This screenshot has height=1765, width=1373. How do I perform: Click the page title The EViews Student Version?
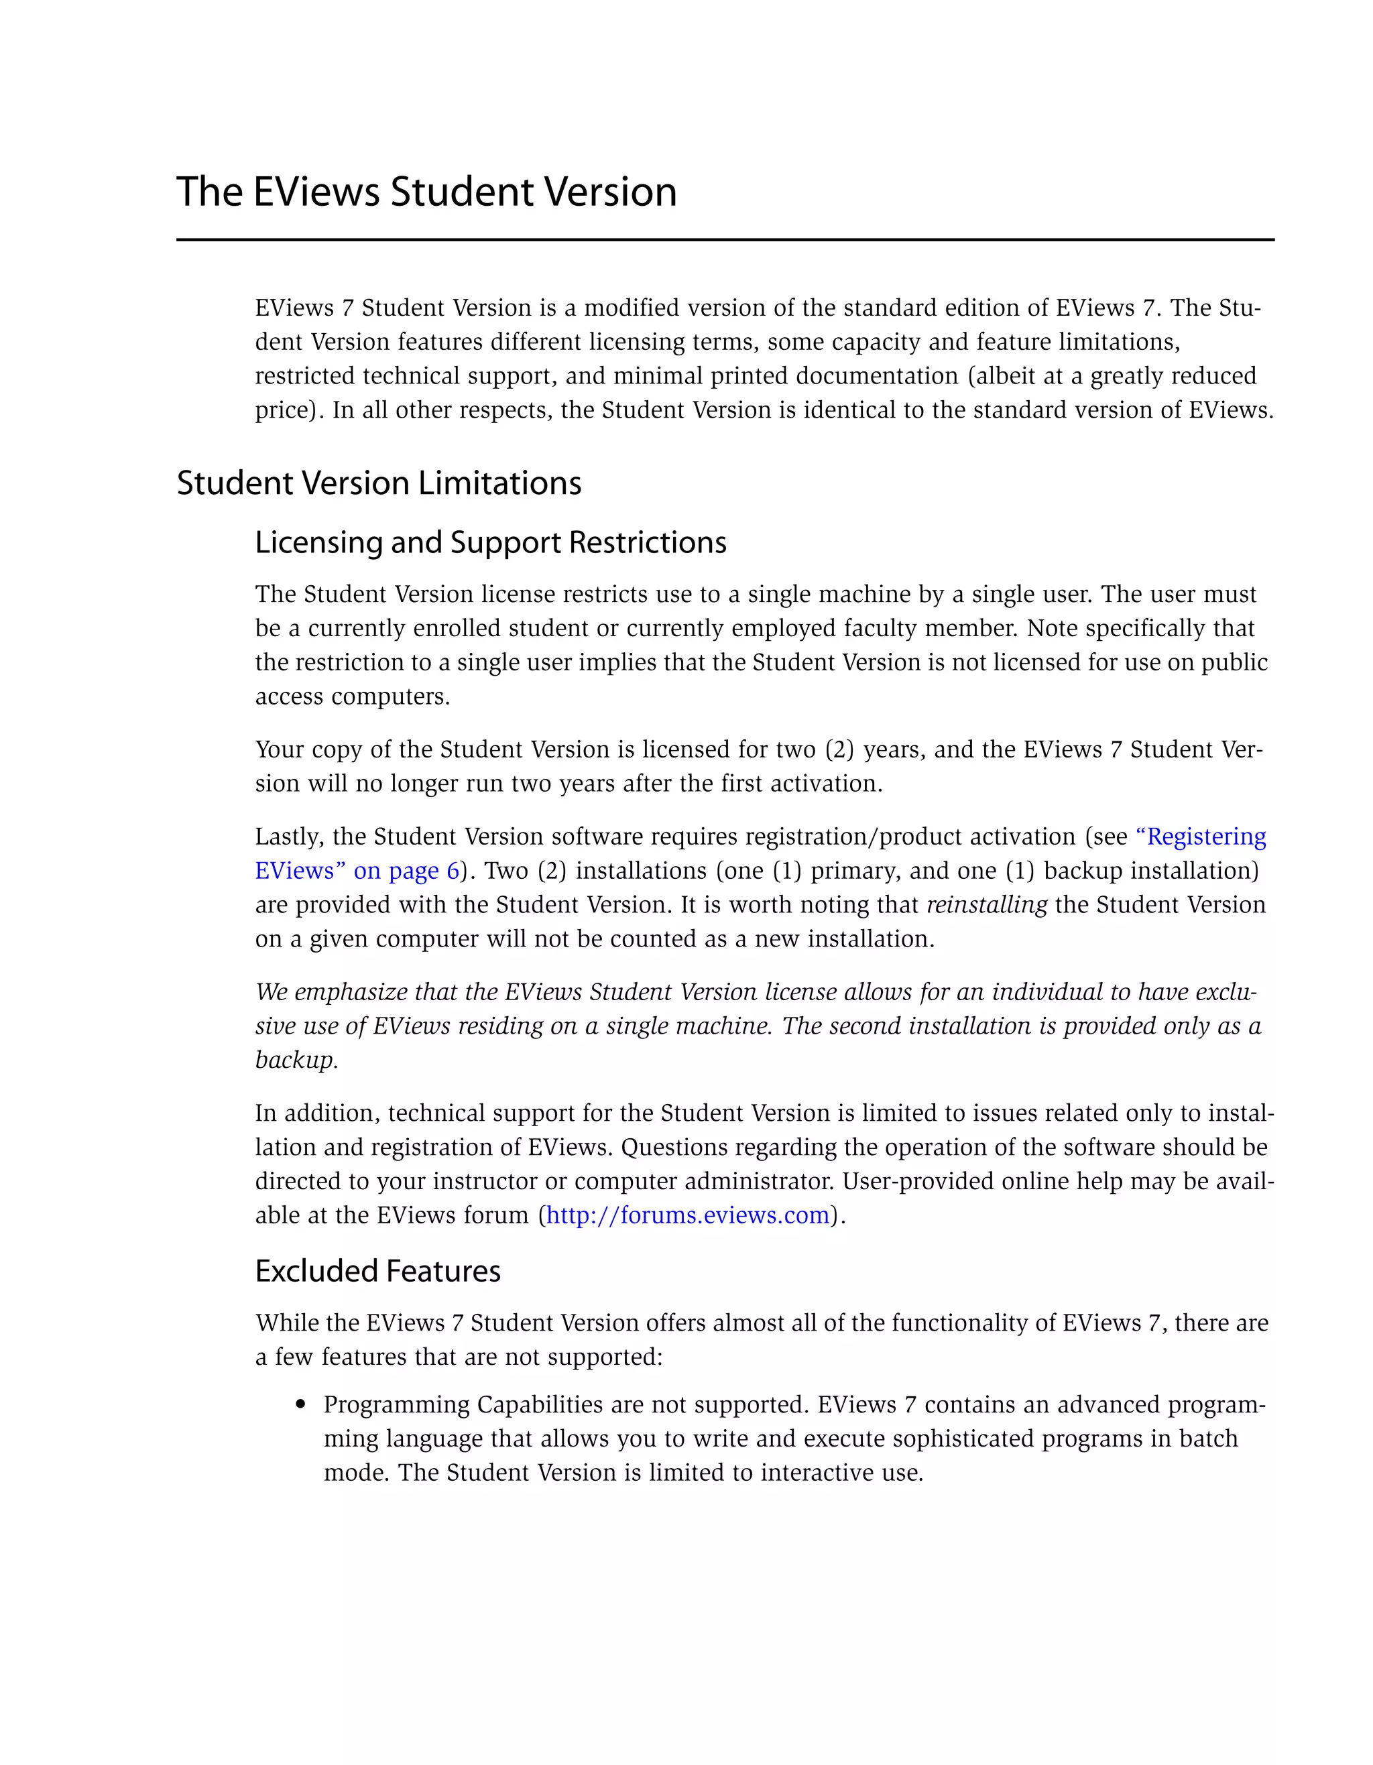click(426, 192)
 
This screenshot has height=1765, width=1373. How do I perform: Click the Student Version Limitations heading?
click(379, 483)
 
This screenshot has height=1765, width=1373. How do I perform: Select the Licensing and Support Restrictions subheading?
click(491, 542)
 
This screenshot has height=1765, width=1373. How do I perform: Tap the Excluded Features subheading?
click(377, 1271)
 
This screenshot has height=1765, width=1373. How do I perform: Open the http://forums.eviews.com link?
click(688, 1215)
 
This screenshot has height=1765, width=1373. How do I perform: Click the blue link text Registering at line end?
click(1205, 837)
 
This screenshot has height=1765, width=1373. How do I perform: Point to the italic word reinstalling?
click(986, 904)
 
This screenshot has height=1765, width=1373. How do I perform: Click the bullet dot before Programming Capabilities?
click(302, 1406)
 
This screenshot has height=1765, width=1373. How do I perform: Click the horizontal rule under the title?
click(725, 240)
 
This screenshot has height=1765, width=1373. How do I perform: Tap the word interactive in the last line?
click(817, 1473)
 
